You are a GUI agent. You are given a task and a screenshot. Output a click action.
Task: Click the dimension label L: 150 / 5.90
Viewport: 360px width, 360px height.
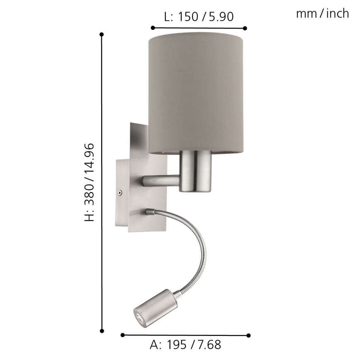(199, 17)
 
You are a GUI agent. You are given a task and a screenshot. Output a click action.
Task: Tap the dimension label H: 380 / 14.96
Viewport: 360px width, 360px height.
(90, 182)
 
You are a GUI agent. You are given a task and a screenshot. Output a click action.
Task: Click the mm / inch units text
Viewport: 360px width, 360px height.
(322, 14)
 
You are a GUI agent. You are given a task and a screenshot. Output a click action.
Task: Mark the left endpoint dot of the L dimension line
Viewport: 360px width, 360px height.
(153, 28)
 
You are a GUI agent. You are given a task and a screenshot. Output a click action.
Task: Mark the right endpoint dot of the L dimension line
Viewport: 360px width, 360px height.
(245, 28)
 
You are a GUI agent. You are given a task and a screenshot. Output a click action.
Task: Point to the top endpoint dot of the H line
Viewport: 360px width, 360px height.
(102, 34)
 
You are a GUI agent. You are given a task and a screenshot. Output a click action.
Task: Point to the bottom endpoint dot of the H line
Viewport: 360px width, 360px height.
(102, 330)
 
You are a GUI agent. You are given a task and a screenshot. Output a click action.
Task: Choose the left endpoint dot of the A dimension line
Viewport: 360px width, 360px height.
(122, 334)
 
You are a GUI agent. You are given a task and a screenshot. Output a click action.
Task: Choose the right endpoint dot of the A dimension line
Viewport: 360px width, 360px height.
(248, 335)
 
